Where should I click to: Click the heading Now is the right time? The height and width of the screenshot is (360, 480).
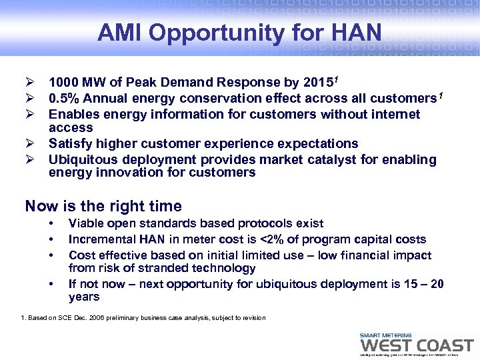[x=103, y=206]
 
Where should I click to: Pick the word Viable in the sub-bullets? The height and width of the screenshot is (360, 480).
[x=87, y=223]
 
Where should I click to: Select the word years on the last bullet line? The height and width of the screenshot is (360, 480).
[x=84, y=297]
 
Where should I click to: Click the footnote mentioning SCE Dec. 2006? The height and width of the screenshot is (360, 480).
[x=143, y=318]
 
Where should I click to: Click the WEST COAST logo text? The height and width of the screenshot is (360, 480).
[x=416, y=345]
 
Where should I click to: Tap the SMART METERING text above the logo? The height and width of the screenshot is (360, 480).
[x=385, y=335]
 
